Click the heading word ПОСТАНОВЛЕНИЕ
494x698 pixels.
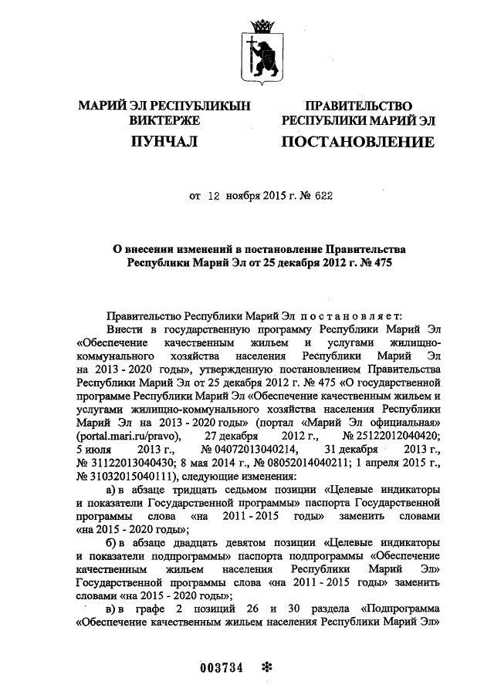[357, 142]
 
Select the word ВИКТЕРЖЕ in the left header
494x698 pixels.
[164, 121]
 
